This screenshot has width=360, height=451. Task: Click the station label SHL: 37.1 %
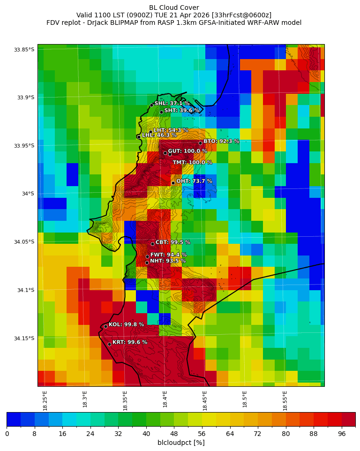point(172,104)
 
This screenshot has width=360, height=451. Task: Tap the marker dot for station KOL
point(105,326)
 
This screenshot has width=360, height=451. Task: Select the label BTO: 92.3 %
point(221,141)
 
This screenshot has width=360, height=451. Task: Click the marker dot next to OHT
point(173,183)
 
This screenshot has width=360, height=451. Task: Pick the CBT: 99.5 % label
point(172,242)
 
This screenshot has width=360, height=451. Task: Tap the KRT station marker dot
point(109,344)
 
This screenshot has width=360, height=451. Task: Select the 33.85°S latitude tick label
point(24,50)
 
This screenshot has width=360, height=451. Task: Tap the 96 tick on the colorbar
point(341,434)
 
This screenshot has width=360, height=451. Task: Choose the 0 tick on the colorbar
point(7,434)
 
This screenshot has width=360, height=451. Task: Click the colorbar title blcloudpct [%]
point(181,443)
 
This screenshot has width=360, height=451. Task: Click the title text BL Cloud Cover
point(174,8)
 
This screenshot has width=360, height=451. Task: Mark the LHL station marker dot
point(139,136)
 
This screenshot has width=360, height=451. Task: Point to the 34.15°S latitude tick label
point(24,338)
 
